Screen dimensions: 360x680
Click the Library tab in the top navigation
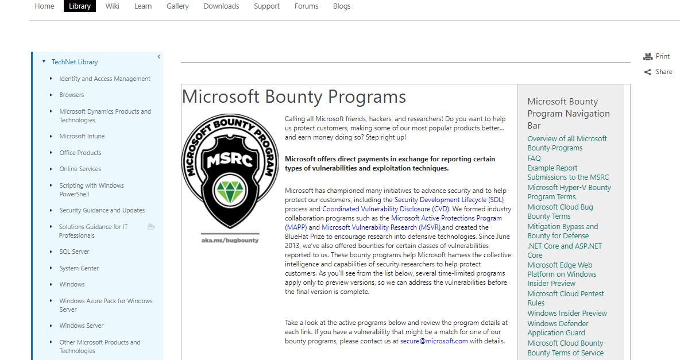(x=80, y=6)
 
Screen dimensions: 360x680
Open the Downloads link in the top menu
(x=221, y=6)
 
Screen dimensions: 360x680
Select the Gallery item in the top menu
(x=177, y=6)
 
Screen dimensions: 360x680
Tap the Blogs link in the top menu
(x=342, y=6)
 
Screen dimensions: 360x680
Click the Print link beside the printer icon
(x=662, y=56)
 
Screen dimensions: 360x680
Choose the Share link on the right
(x=663, y=72)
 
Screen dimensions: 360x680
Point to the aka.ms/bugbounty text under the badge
(x=230, y=240)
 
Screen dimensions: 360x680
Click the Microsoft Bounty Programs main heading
(x=293, y=96)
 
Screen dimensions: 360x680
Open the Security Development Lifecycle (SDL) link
(x=449, y=200)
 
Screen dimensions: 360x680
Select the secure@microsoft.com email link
(x=434, y=341)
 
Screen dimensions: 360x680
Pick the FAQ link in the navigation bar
(x=534, y=158)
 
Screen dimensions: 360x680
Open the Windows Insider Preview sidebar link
(x=567, y=313)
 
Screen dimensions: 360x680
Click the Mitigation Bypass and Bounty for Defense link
(x=562, y=231)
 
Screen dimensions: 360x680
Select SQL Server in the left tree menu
(x=74, y=252)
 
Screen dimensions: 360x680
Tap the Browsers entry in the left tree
(x=71, y=95)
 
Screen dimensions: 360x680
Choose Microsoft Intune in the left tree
(x=82, y=137)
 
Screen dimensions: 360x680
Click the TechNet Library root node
(x=75, y=62)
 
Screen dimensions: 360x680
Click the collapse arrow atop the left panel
(x=159, y=56)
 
